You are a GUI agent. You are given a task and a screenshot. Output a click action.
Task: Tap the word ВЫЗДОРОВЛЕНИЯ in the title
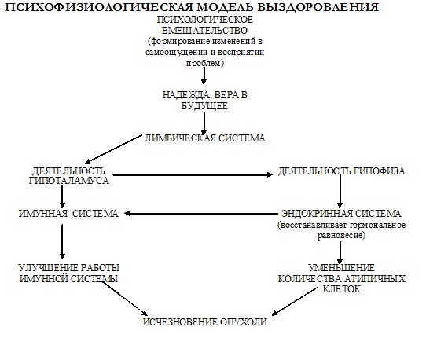318,7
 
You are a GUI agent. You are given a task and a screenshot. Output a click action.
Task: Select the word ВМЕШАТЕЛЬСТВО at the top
204,31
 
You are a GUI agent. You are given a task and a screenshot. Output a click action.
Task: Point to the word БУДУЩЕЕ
204,106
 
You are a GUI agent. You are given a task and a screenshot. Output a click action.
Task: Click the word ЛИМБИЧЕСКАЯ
179,138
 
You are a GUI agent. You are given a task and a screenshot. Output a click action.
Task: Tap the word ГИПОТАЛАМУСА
69,181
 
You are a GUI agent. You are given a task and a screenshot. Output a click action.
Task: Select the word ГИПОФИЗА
380,171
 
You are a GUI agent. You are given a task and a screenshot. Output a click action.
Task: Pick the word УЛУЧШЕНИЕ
49,268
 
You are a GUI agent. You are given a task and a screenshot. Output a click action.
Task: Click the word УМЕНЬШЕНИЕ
341,268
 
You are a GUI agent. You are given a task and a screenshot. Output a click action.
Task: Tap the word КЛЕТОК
341,289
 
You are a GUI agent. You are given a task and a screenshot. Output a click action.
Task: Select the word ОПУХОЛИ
244,322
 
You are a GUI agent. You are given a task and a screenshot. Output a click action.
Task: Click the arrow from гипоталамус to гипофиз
193,175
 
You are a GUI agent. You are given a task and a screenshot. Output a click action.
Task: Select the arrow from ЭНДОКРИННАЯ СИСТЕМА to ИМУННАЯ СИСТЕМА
201,214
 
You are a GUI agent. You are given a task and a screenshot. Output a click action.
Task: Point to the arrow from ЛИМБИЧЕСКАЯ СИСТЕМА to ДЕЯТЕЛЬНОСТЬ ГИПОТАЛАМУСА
113,149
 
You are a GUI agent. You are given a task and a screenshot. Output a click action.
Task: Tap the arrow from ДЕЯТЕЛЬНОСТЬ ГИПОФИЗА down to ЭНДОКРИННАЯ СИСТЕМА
340,192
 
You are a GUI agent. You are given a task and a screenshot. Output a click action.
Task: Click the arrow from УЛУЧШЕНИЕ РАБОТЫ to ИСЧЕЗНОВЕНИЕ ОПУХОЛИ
124,299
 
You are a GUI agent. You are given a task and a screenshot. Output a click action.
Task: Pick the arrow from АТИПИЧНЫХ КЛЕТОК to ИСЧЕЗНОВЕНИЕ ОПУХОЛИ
295,302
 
